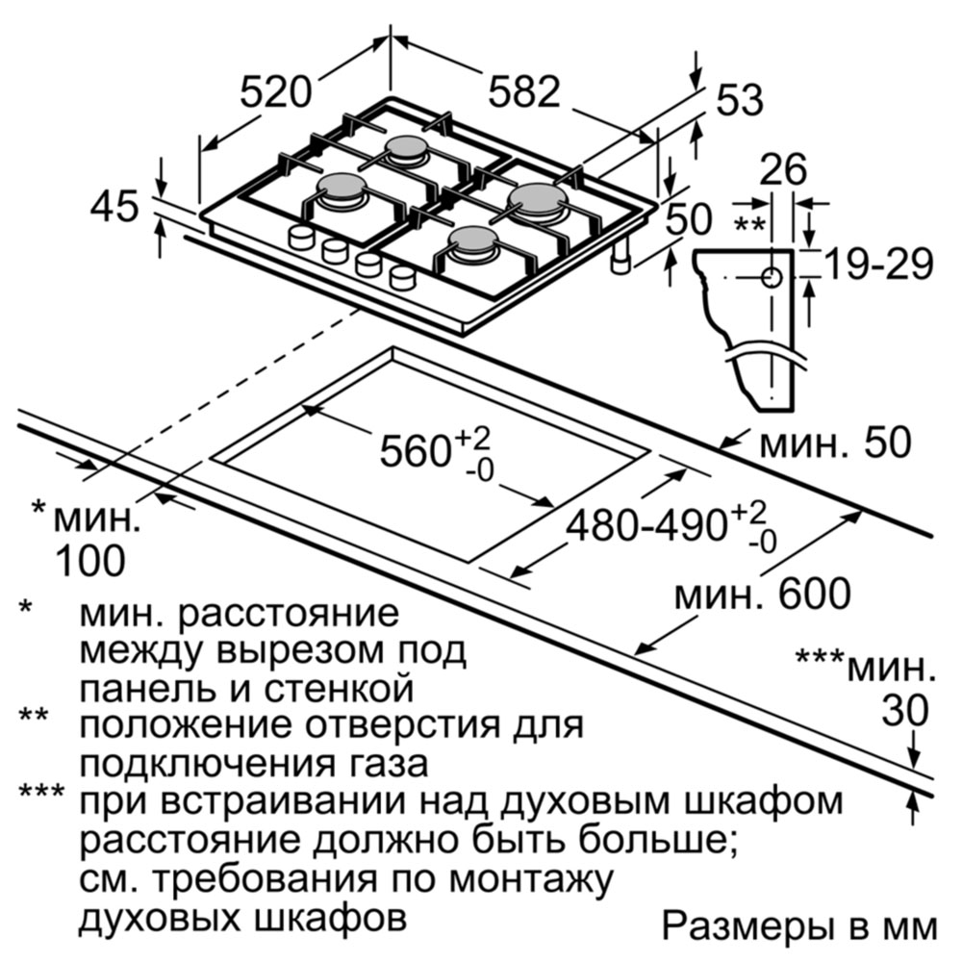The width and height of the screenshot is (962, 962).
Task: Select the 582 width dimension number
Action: point(524,92)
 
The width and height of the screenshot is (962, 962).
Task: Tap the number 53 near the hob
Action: point(740,99)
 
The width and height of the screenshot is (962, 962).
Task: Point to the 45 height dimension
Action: point(114,206)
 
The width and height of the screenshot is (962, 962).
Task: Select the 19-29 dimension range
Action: point(878,265)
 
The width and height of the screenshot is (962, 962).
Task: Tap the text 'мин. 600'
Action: point(763,594)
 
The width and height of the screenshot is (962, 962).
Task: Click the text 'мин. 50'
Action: point(835,443)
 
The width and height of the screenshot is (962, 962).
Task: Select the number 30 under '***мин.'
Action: point(905,711)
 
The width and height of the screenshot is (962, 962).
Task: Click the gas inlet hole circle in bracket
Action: point(772,277)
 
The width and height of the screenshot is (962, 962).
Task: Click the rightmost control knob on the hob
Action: point(402,277)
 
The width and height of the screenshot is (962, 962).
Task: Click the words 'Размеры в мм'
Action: point(800,926)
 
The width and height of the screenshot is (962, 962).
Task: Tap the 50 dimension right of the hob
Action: point(689,219)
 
